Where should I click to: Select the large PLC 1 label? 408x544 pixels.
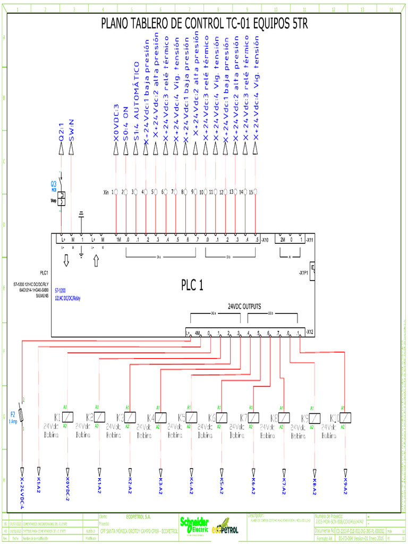click(192, 285)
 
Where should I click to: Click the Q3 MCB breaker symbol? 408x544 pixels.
click(62, 198)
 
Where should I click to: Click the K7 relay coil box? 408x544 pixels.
click(254, 417)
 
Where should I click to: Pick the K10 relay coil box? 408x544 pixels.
click(346, 417)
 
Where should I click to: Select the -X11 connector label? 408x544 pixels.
click(313, 240)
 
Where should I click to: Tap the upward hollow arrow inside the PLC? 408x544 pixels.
click(96, 261)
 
